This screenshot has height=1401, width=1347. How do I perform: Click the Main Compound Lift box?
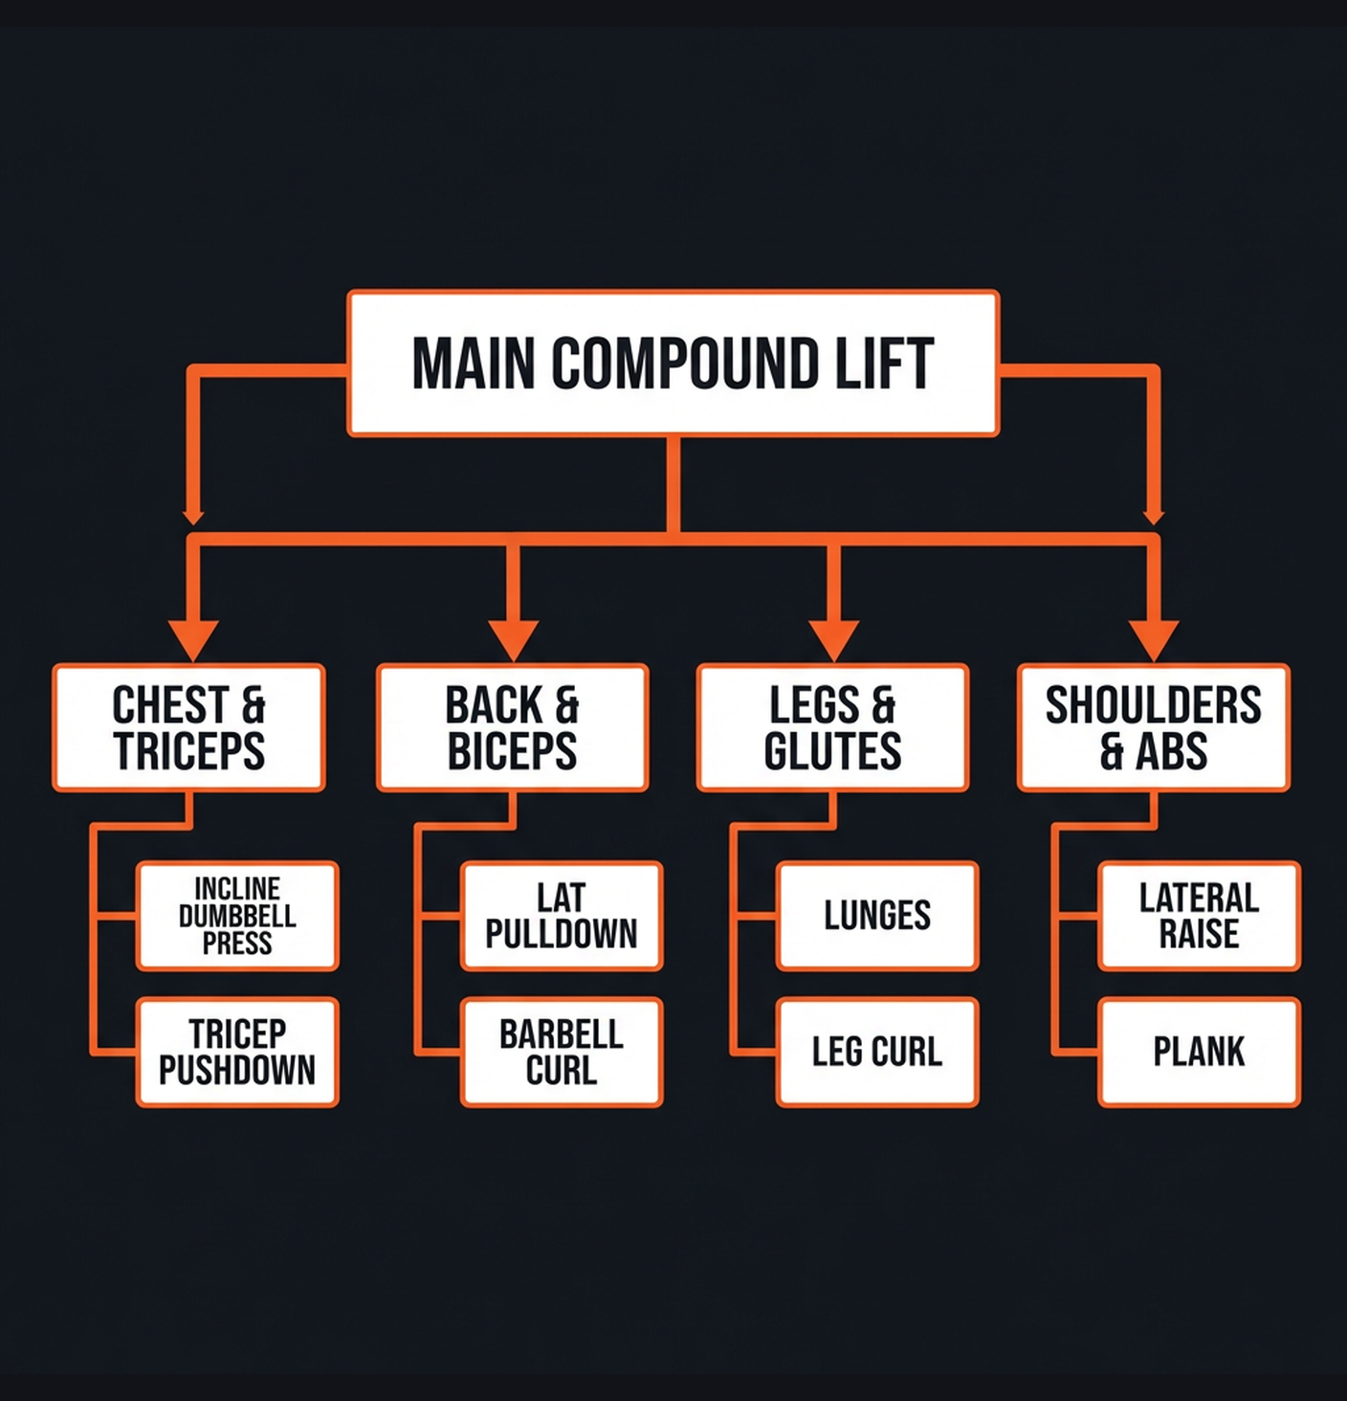click(x=673, y=364)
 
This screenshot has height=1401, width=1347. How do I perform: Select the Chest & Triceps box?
click(x=189, y=727)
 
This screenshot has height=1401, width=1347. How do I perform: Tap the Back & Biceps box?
click(x=513, y=727)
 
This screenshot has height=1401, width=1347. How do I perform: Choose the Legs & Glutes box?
click(x=833, y=727)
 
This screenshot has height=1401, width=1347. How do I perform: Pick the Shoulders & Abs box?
click(x=1154, y=727)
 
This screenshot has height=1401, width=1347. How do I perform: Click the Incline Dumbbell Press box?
click(x=237, y=916)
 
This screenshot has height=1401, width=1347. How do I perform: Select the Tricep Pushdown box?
click(x=237, y=1052)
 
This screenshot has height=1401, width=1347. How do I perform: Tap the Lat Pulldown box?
click(x=562, y=916)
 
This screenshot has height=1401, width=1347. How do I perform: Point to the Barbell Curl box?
click(x=562, y=1052)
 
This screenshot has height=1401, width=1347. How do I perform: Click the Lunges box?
click(x=877, y=916)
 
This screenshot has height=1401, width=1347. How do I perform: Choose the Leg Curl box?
click(x=877, y=1052)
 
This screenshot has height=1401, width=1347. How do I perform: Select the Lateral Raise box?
click(x=1199, y=916)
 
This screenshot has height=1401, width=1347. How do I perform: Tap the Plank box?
click(x=1199, y=1052)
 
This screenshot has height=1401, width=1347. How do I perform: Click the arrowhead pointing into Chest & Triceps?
click(x=193, y=639)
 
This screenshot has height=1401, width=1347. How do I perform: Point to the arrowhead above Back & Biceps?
click(x=514, y=639)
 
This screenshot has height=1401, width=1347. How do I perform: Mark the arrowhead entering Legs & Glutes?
click(x=833, y=639)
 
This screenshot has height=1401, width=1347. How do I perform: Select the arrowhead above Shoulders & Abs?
click(x=1154, y=639)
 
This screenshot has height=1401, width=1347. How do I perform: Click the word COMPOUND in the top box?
click(x=684, y=364)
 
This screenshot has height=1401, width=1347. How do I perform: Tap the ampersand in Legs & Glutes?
click(x=883, y=706)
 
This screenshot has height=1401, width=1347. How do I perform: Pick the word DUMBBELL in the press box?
click(x=237, y=916)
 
